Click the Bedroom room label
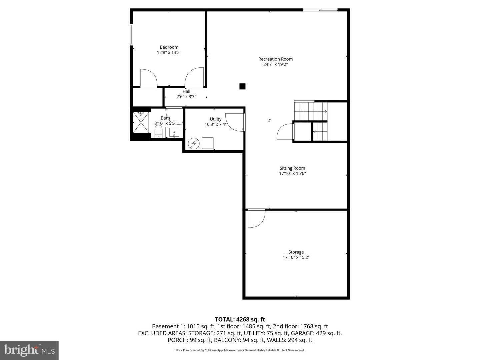point(169,47)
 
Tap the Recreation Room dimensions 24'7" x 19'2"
point(275,64)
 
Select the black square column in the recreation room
point(242,86)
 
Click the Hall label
point(186,91)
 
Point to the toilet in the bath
point(158,131)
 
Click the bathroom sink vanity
point(174,132)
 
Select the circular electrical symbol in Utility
point(193,144)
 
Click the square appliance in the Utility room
point(208,143)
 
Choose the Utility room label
point(215,119)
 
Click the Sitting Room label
point(292,168)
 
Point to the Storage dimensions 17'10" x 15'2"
point(296,257)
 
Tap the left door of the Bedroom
point(148,78)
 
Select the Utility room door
point(235,122)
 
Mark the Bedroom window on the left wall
point(132,34)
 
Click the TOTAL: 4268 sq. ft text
point(240,320)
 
